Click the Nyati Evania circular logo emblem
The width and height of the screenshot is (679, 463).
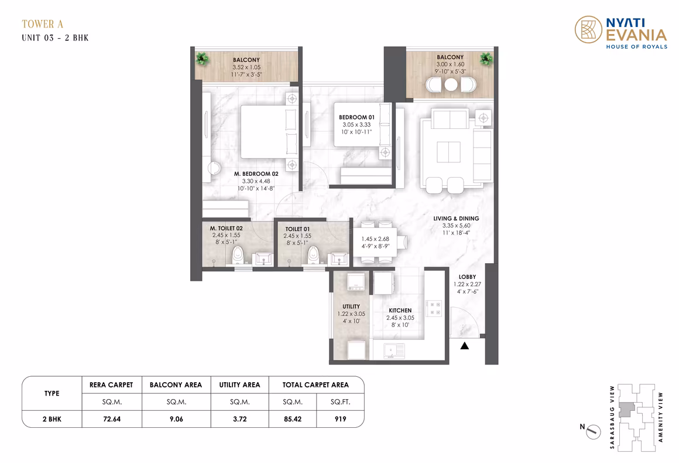pos(588,29)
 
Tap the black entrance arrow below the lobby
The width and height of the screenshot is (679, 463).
pos(465,346)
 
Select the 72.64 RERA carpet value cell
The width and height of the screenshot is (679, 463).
pos(112,419)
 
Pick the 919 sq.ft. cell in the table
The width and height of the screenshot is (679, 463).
pos(340,419)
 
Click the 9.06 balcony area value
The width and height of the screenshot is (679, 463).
pos(176,419)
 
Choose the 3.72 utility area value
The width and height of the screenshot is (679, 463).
pos(240,419)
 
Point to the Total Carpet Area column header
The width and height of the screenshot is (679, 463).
pos(316,385)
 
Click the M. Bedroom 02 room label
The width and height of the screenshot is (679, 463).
pos(256,174)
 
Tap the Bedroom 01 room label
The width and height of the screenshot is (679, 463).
pos(356,117)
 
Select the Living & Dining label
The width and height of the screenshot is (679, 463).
pos(456,219)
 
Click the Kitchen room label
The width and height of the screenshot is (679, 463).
pos(400,311)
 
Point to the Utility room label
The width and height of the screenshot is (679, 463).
pos(351,307)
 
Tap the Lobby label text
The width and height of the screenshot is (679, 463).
pos(467,277)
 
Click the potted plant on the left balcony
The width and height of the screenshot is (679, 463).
pos(202,59)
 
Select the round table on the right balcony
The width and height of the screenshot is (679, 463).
pos(451,84)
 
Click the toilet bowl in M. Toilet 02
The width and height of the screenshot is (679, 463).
pos(238,255)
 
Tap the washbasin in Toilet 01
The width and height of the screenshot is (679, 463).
pos(339,259)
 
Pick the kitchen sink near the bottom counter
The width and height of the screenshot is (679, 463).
pos(394,350)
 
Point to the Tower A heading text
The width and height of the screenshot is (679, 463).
pos(42,24)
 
